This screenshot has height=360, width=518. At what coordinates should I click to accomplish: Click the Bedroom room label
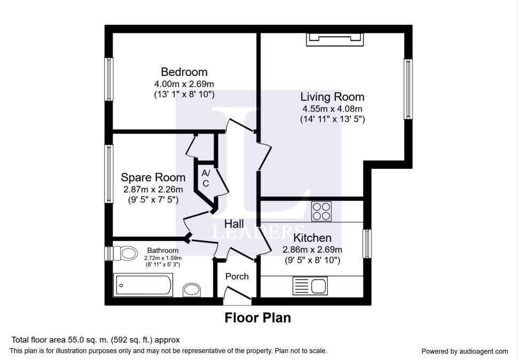tap(184, 72)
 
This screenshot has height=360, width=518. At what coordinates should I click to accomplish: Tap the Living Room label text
tap(332, 97)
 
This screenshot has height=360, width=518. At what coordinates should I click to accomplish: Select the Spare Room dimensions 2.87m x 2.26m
tap(153, 190)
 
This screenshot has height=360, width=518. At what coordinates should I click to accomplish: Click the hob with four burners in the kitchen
tap(321, 212)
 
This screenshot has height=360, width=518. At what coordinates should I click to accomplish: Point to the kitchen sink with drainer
tap(310, 286)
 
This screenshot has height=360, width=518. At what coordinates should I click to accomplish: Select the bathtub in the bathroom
tap(143, 285)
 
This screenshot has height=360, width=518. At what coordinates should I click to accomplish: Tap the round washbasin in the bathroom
tap(192, 289)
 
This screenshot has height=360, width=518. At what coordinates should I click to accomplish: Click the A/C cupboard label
tap(206, 178)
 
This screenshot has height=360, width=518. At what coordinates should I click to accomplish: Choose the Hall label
tap(234, 224)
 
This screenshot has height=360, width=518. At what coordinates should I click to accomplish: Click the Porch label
tap(237, 277)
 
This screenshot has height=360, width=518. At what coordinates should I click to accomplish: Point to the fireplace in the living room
tap(335, 40)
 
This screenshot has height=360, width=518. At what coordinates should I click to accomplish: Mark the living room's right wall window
tap(409, 89)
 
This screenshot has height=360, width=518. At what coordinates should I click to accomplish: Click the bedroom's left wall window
tap(109, 79)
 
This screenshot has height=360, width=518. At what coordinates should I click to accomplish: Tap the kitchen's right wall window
tap(367, 244)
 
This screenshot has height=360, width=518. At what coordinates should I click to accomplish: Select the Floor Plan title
tap(258, 318)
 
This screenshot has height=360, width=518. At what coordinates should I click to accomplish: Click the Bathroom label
tap(163, 251)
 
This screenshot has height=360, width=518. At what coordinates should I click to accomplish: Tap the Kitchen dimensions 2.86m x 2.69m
tap(312, 249)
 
